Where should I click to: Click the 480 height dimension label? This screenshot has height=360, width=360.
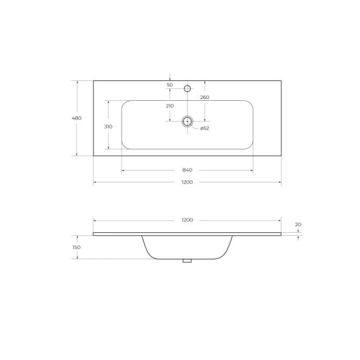(x=77, y=118)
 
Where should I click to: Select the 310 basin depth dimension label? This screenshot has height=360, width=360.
(x=109, y=127)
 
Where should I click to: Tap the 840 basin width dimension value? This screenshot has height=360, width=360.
(x=187, y=170)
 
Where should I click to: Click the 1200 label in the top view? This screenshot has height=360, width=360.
(x=187, y=182)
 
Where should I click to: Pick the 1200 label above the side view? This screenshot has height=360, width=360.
(x=187, y=220)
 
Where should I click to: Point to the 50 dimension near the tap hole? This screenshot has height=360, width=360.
(x=170, y=85)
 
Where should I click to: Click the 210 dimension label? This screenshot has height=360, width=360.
(x=170, y=106)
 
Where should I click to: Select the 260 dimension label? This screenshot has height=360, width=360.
(x=205, y=97)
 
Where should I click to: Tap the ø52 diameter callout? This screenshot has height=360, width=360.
(x=205, y=128)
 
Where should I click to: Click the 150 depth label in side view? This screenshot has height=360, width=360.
(x=76, y=247)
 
